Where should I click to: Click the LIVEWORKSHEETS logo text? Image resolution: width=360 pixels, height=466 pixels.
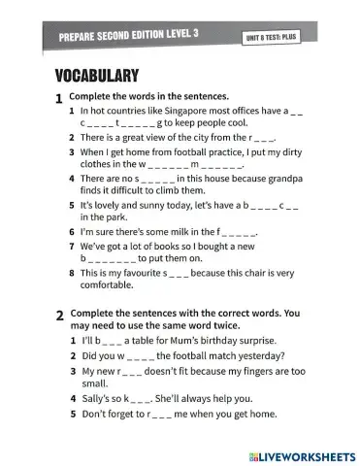pyautogui.click(x=309, y=453)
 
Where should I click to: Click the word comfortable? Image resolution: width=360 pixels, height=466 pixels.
pyautogui.click(x=114, y=286)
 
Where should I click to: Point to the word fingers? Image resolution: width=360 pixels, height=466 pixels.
pyautogui.click(x=245, y=370)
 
